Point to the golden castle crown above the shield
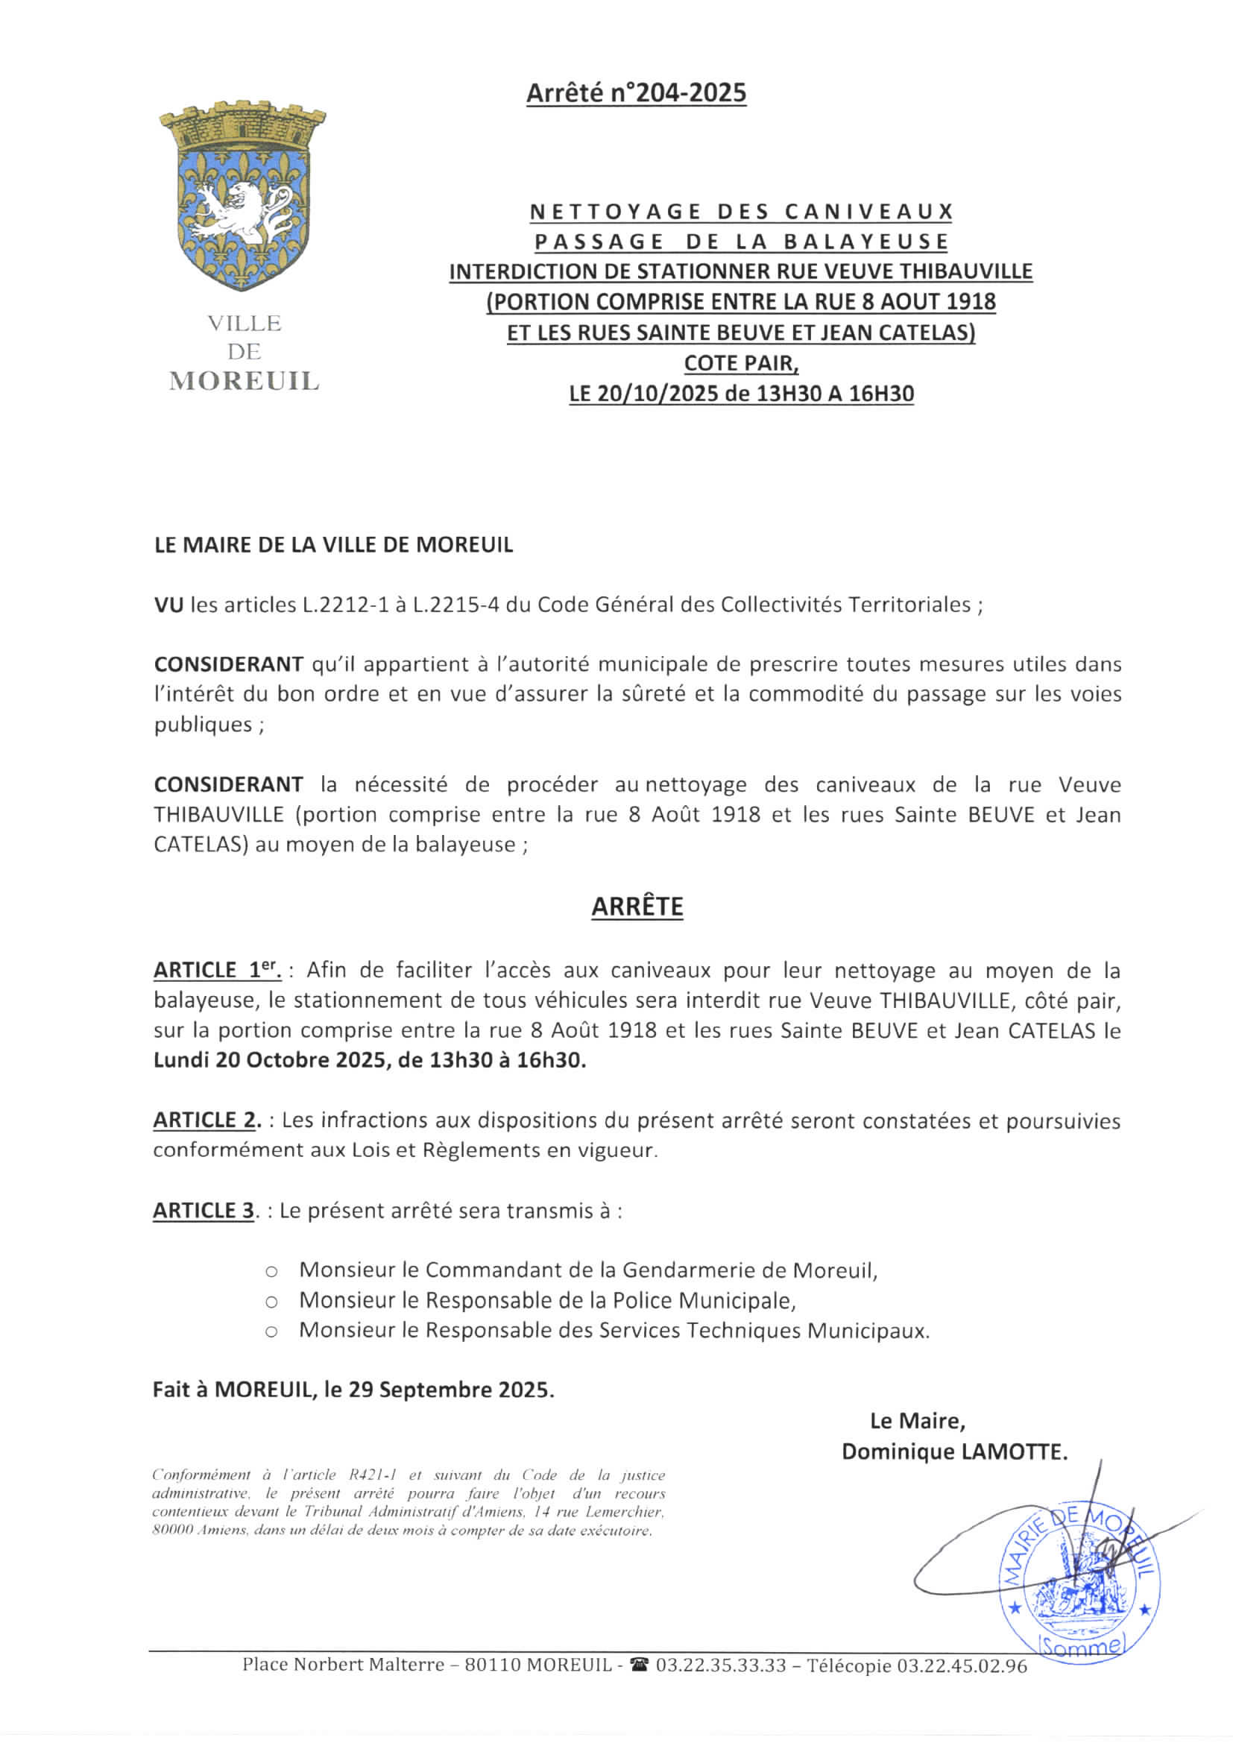[242, 125]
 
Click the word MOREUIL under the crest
[244, 381]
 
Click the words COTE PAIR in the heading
[740, 363]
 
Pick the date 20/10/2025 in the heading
[659, 394]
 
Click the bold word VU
[168, 605]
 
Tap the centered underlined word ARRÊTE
[637, 907]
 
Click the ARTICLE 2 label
[206, 1120]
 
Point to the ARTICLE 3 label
[204, 1211]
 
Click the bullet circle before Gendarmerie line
[271, 1271]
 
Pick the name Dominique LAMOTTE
[954, 1452]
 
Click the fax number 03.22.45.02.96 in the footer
[962, 1666]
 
